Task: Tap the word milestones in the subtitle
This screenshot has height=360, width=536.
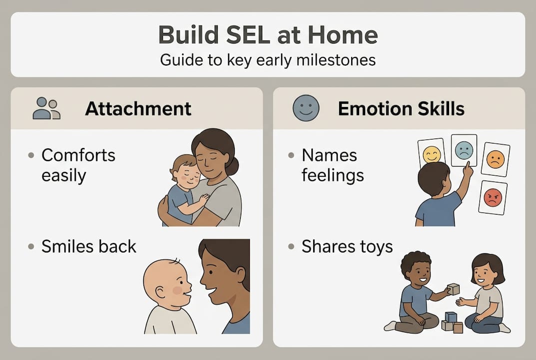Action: [x=336, y=60]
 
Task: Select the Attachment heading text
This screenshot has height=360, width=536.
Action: [x=138, y=109]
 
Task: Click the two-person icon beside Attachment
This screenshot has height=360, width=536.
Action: [x=46, y=108]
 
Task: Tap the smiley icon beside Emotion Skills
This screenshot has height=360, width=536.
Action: [x=306, y=108]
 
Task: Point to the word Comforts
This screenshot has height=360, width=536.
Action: [x=78, y=155]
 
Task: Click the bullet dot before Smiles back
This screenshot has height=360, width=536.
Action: [x=31, y=246]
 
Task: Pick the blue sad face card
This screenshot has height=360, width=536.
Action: [x=464, y=150]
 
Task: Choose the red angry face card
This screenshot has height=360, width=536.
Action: [x=493, y=198]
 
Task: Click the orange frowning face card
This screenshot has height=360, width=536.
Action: [x=496, y=159]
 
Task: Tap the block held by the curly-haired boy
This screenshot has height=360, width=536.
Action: [x=453, y=289]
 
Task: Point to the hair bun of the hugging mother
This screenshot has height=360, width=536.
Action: [x=233, y=166]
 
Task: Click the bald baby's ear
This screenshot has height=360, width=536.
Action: [x=161, y=292]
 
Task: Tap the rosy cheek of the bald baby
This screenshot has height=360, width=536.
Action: [x=177, y=290]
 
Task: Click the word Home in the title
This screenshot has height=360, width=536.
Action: [x=343, y=35]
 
